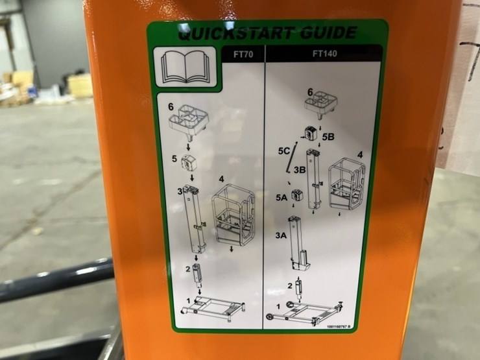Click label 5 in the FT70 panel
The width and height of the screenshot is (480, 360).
click(174, 158)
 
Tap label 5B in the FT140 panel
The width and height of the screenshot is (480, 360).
click(330, 137)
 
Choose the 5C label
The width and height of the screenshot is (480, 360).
click(283, 151)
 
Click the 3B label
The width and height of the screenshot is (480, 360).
click(300, 170)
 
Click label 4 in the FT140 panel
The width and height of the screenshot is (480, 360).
click(359, 155)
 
